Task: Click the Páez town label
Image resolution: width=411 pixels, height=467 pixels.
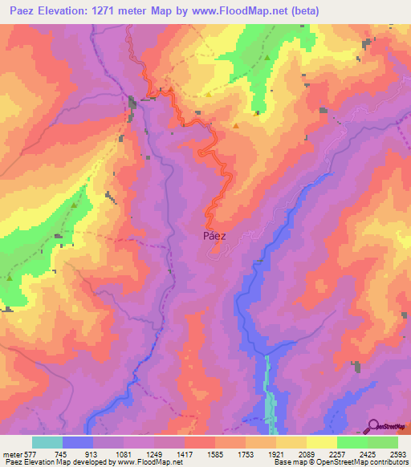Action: pos(210,237)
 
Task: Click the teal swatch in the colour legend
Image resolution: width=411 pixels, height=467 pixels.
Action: pos(47,442)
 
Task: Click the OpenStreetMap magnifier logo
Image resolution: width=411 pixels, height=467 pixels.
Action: pos(373,426)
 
